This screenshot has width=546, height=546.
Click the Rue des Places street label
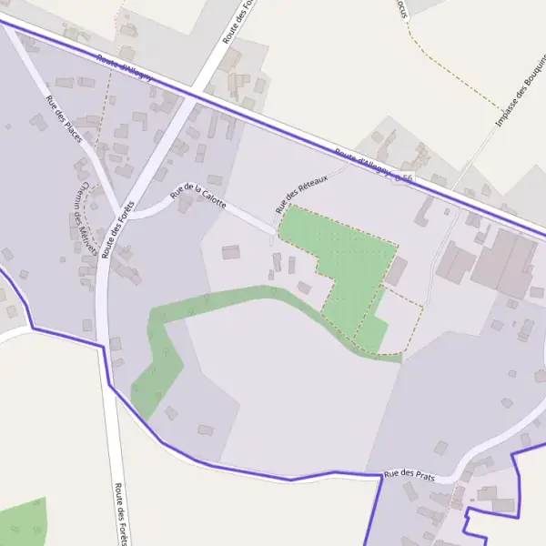[63, 118]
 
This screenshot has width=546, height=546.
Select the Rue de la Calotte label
[197, 192]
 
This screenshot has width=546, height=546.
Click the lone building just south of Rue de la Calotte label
[230, 251]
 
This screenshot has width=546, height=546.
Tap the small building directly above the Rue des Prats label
[440, 448]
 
